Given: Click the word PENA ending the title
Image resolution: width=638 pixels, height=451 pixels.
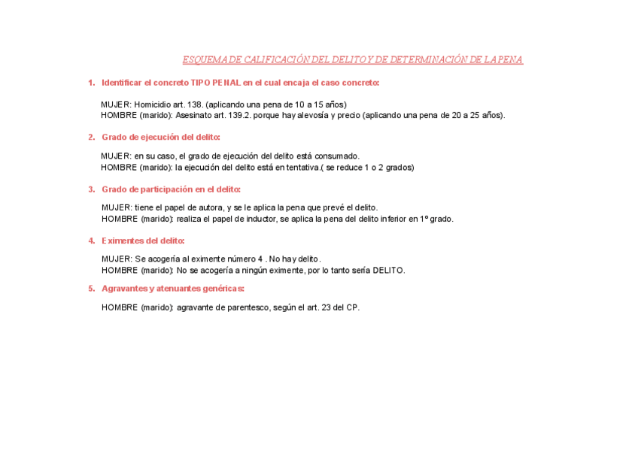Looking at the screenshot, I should point(509,60).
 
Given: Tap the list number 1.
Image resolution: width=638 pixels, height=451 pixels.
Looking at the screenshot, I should point(90,83).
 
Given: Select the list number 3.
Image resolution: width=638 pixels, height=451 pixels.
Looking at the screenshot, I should point(90,189).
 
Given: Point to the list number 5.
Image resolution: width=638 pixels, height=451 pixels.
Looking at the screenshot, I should point(90,288).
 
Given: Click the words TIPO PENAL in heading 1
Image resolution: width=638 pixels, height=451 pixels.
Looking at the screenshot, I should point(216,83).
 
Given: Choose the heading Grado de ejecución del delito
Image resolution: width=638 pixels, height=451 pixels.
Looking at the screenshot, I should point(160,137).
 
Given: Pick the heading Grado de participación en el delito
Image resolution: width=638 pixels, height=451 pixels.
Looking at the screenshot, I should point(171,189).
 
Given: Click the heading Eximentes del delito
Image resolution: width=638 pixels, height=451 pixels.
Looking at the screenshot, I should point(143,241).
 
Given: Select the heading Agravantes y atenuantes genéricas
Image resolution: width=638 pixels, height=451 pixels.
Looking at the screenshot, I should point(172,288).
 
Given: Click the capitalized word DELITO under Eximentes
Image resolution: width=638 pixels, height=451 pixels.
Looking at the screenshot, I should point(388,270).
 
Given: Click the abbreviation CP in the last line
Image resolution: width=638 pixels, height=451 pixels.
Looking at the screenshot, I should point(352,307).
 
